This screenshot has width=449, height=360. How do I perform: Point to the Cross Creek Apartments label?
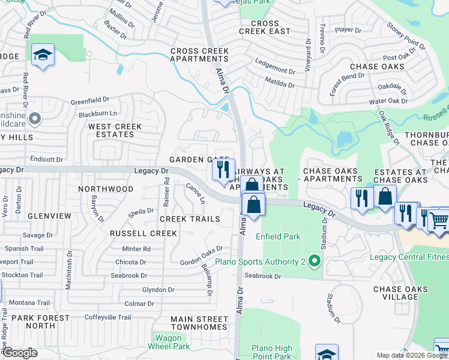tap(199, 55)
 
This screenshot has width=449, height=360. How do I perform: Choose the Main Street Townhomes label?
tap(199, 323)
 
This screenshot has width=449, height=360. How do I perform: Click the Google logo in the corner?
tap(20, 352)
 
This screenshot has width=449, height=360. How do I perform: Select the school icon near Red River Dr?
tap(43, 56)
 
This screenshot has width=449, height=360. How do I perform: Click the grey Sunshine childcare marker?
tap(35, 119)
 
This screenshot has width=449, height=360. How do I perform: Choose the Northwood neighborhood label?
tap(106, 188)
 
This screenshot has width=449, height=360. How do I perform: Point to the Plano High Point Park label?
tap(271, 352)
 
